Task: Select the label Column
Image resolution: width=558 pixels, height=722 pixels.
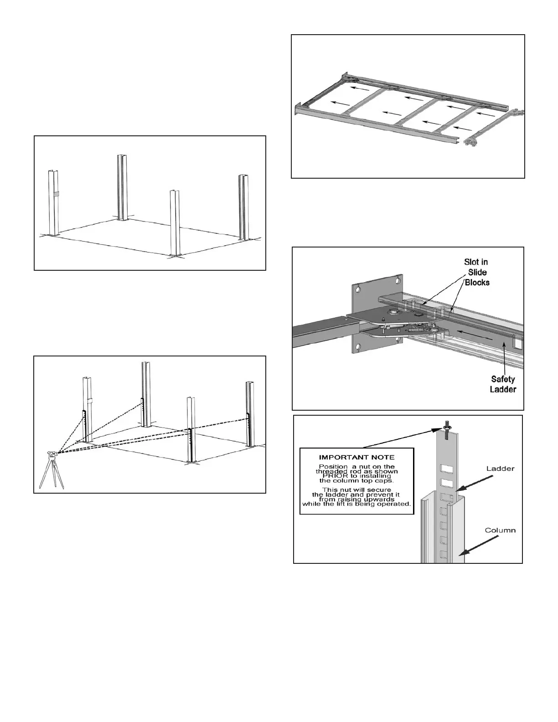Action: (x=500, y=530)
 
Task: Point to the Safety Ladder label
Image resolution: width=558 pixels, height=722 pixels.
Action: (x=503, y=384)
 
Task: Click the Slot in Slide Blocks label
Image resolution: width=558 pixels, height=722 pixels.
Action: (x=476, y=272)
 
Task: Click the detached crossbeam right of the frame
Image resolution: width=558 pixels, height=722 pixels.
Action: (x=495, y=127)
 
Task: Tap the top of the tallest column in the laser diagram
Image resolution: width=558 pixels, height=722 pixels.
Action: (x=146, y=363)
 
